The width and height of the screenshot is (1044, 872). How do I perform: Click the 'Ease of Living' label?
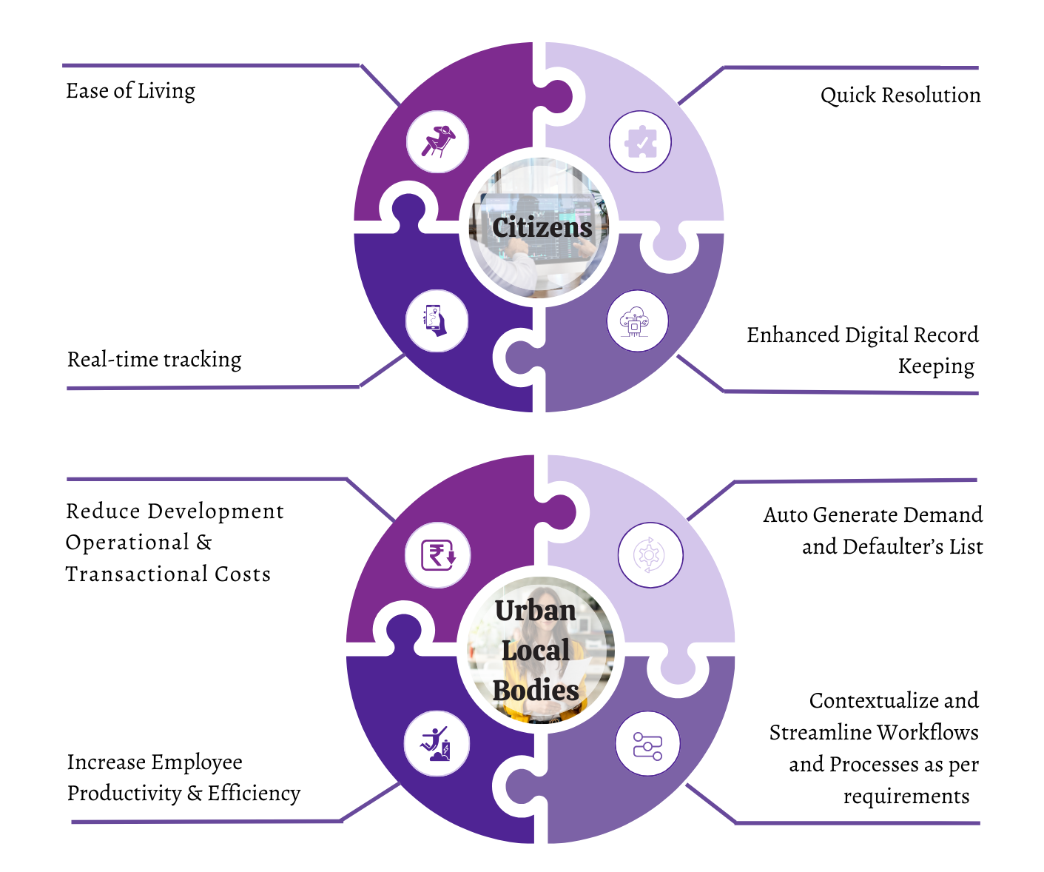[130, 92]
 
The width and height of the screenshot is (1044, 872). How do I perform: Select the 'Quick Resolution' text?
[900, 95]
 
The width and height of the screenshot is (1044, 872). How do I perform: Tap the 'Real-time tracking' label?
[154, 360]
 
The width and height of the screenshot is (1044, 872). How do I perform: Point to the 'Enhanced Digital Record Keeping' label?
[863, 351]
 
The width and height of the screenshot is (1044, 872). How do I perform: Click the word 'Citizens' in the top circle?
[542, 228]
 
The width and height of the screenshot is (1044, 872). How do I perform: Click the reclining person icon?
[438, 141]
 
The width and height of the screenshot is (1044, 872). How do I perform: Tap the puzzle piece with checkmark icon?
[641, 141]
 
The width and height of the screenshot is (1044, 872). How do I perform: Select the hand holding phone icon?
[435, 321]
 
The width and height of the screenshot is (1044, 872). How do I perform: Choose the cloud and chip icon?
[635, 321]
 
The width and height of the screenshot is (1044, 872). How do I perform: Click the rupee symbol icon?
[438, 555]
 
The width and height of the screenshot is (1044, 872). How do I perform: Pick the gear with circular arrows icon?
[649, 555]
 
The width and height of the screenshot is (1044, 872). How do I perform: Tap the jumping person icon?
[436, 743]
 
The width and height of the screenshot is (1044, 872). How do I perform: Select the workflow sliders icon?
[647, 746]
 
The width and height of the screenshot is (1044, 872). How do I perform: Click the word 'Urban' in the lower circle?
[536, 611]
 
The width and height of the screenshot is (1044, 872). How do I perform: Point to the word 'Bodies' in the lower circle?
[536, 691]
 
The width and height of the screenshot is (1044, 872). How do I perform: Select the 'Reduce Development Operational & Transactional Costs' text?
[175, 543]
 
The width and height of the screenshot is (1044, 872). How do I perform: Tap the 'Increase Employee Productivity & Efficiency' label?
[184, 778]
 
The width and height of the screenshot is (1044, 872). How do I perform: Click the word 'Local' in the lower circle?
[536, 651]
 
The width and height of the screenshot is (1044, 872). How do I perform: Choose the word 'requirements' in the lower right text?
[906, 796]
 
